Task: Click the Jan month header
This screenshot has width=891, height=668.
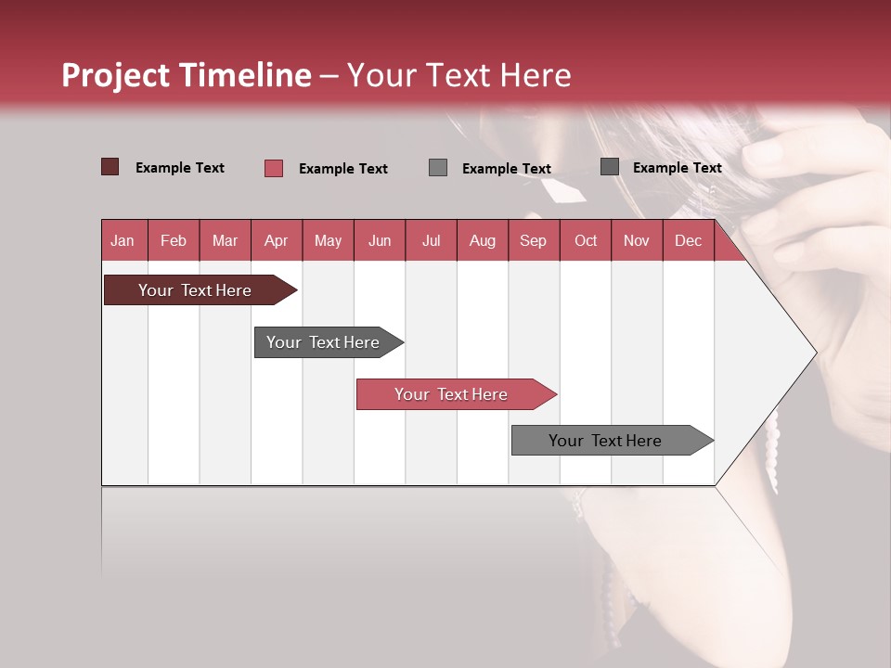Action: (123, 241)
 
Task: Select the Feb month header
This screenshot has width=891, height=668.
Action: (174, 241)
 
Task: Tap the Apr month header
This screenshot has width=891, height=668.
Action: (276, 241)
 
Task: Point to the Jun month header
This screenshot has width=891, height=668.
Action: (380, 241)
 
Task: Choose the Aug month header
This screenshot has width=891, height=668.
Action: (482, 241)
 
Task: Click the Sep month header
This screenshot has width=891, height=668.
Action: (533, 241)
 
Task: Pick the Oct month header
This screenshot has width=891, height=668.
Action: (586, 241)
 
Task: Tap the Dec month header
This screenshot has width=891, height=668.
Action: (688, 241)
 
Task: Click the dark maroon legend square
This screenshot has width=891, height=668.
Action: (110, 167)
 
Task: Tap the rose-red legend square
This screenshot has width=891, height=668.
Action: (273, 168)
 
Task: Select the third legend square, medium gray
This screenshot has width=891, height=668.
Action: (438, 167)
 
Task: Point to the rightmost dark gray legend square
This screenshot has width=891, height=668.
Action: (609, 167)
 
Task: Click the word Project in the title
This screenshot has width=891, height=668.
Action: (116, 75)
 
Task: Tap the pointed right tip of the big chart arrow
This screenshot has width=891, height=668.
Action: (814, 353)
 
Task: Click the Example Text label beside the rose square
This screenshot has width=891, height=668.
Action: (342, 169)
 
